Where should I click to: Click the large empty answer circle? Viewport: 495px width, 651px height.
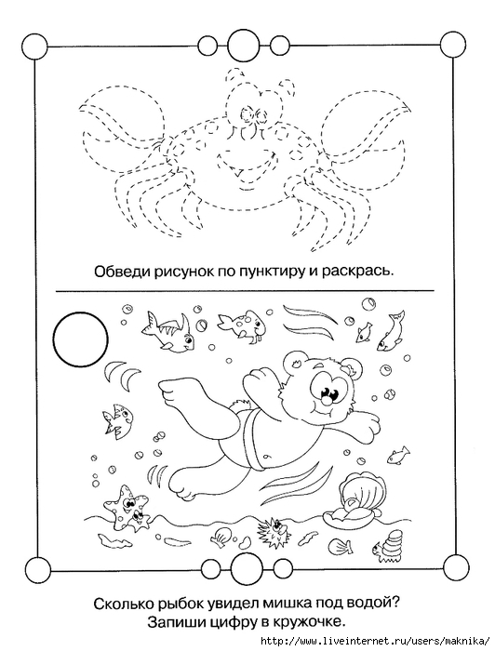81,339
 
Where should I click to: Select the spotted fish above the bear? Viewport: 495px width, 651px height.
241,323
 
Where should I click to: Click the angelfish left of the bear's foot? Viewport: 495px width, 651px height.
116,419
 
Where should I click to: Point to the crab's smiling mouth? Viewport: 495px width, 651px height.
247,161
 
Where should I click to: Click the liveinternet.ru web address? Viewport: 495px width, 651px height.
377,641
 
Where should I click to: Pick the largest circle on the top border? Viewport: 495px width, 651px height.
243,43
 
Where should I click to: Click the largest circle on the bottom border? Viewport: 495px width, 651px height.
244,565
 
